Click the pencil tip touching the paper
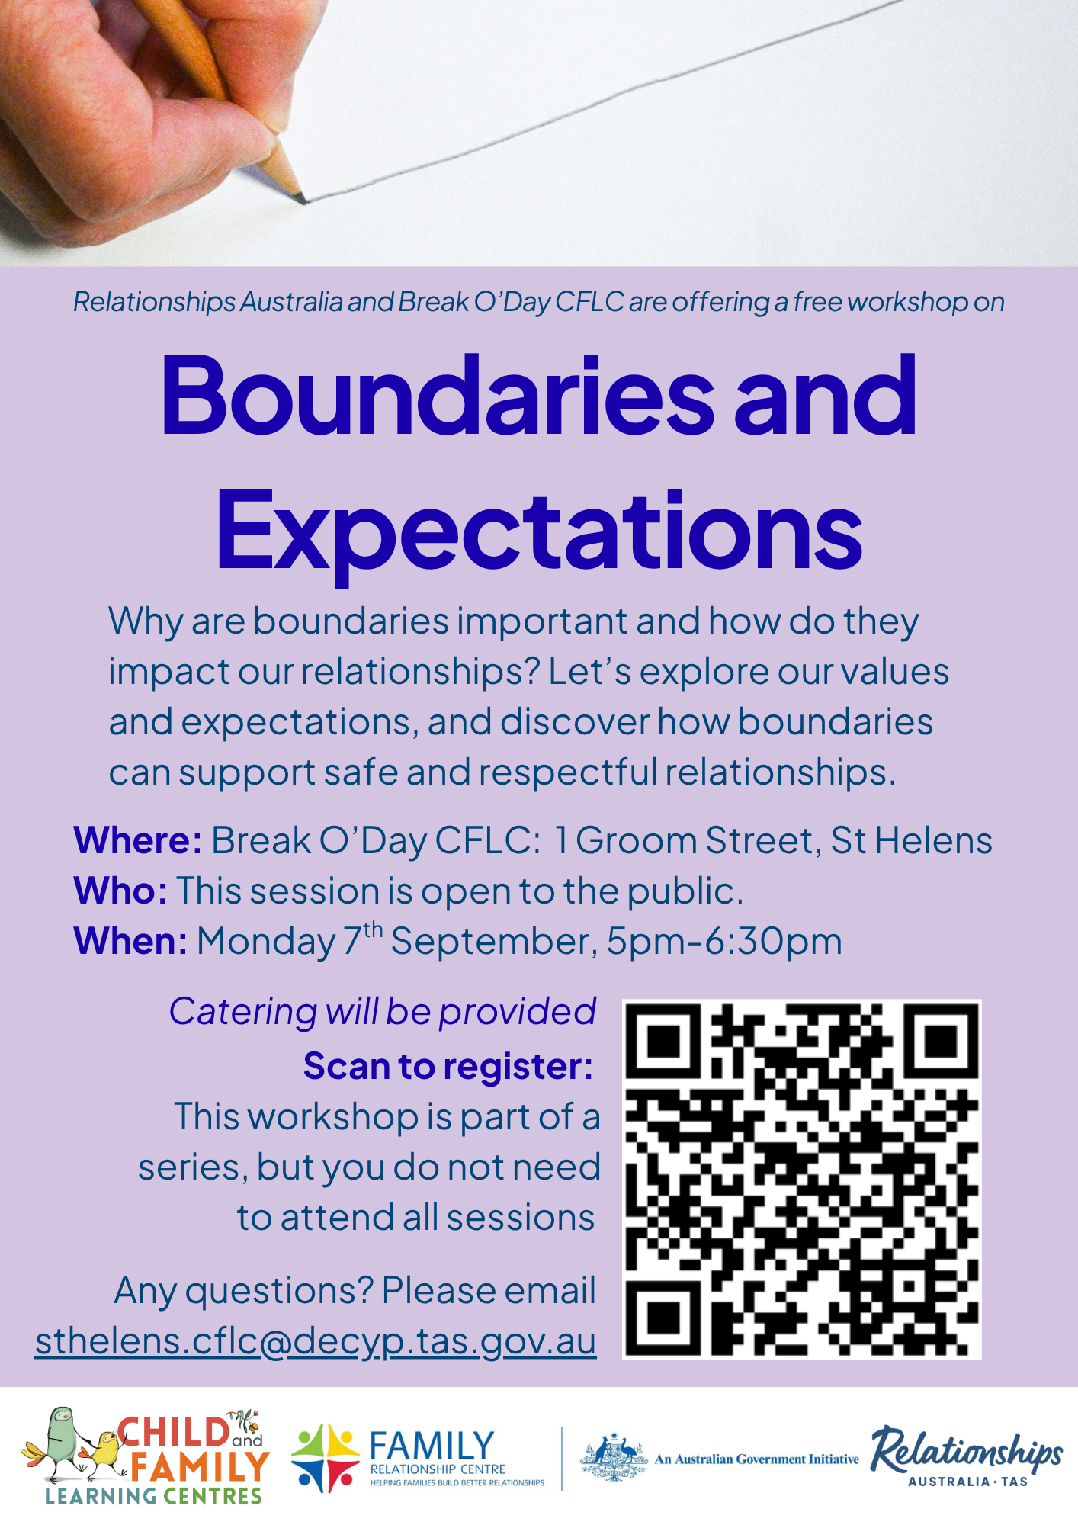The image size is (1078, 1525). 303,201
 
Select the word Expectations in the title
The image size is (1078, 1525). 539,531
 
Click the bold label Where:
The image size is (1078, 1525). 138,841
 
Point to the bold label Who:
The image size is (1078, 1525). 120,891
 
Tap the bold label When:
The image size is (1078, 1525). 130,942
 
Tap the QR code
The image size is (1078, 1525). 802,1180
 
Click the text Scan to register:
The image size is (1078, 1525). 448,1067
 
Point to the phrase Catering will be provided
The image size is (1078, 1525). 382,1013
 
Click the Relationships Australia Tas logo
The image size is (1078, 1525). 967,1457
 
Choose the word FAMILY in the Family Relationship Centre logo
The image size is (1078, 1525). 432,1446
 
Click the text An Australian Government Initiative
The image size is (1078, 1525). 757,1459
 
